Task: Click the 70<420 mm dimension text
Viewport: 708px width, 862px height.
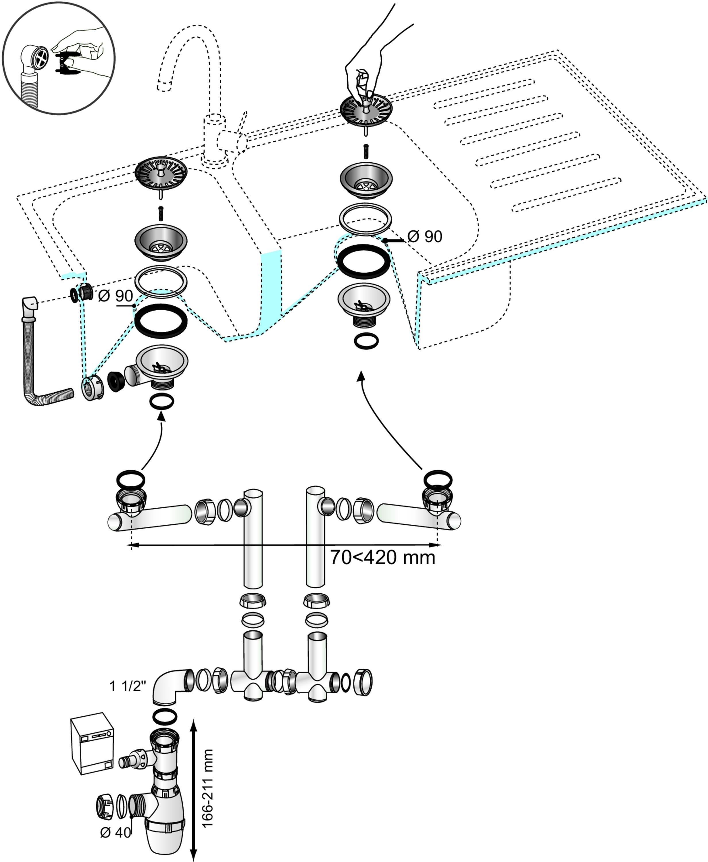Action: tap(382, 557)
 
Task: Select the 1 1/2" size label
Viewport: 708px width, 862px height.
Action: tap(127, 686)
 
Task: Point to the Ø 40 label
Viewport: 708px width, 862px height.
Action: tap(116, 832)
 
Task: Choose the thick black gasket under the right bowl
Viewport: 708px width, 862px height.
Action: tap(364, 261)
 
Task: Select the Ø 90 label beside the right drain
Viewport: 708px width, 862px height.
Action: tap(425, 236)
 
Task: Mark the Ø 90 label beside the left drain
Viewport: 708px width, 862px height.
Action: tap(116, 296)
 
